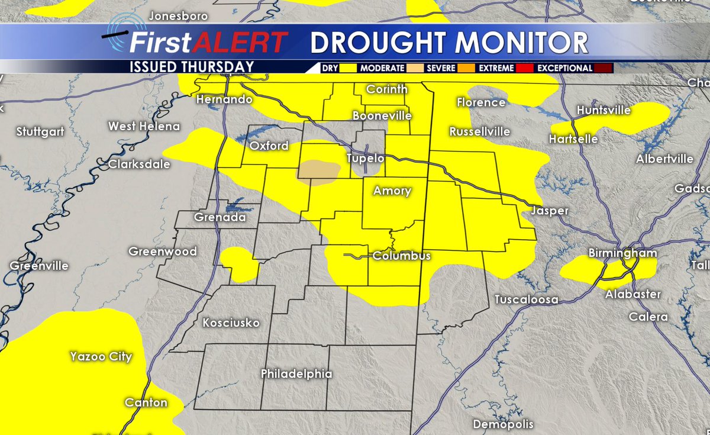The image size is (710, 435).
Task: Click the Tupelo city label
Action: click(365, 159)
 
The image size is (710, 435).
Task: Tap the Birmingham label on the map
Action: click(622, 253)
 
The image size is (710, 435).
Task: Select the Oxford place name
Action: click(269, 146)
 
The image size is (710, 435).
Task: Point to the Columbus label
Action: click(401, 256)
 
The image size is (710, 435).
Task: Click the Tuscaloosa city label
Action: click(526, 299)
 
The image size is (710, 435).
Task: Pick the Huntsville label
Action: click(603, 110)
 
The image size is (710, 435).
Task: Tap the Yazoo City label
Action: click(101, 357)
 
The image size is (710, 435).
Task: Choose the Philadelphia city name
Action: click(296, 374)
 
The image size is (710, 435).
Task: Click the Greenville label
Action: click(39, 266)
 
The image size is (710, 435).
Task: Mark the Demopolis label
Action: click(503, 424)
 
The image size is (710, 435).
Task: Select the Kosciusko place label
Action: click(231, 323)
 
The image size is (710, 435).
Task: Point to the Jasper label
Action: click(550, 211)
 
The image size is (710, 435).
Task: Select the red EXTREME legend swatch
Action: click(524, 68)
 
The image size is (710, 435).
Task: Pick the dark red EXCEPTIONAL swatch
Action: click(604, 68)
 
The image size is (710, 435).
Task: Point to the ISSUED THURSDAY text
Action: click(192, 67)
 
